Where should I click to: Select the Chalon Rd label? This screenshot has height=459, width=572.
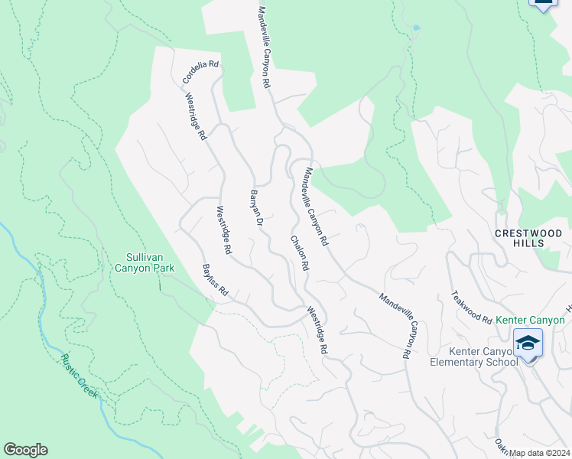pyautogui.click(x=298, y=252)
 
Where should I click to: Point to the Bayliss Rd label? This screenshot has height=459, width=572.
pyautogui.click(x=216, y=280)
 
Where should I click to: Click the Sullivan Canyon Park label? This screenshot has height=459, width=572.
pyautogui.click(x=145, y=262)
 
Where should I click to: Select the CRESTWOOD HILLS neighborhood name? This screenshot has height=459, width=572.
pyautogui.click(x=529, y=237)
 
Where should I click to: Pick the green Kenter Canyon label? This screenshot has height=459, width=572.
pyautogui.click(x=530, y=320)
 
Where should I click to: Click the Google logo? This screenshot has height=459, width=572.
pyautogui.click(x=25, y=450)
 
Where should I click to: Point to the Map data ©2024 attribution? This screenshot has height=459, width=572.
pyautogui.click(x=539, y=453)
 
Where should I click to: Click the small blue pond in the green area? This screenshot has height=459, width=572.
pyautogui.click(x=415, y=28)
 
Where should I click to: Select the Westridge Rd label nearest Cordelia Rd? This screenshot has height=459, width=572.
pyautogui.click(x=196, y=116)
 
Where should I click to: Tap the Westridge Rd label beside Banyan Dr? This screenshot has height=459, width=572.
pyautogui.click(x=223, y=230)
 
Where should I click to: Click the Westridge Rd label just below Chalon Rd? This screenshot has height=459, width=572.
pyautogui.click(x=317, y=330)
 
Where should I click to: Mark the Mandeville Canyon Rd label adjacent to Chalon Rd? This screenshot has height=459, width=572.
pyautogui.click(x=316, y=207)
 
